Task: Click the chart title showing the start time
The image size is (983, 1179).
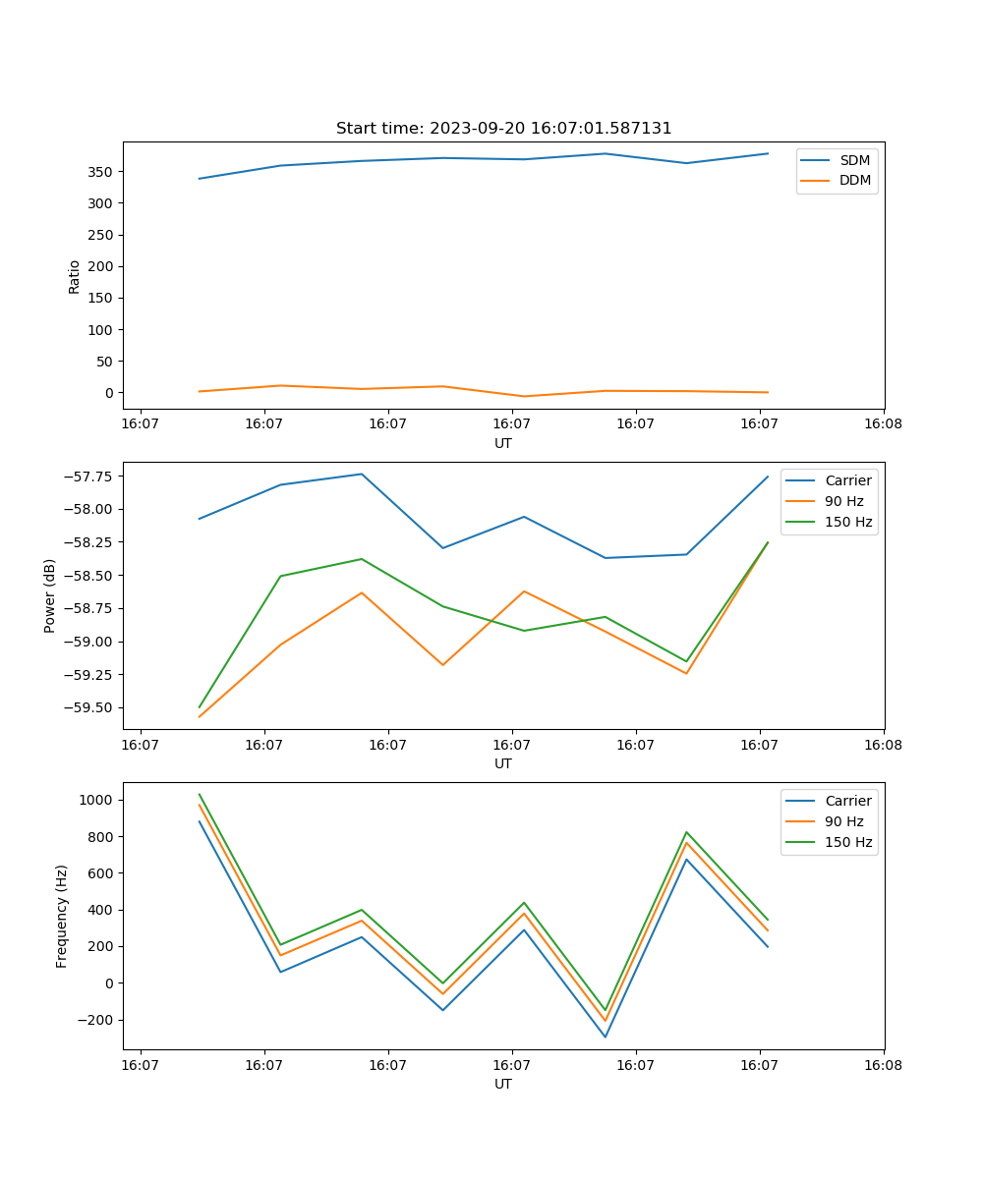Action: tap(503, 129)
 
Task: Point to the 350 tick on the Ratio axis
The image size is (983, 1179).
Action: tap(101, 172)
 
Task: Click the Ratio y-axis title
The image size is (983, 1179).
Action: tap(75, 276)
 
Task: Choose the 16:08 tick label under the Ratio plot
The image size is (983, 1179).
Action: tap(883, 423)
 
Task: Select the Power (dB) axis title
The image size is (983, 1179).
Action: tap(50, 595)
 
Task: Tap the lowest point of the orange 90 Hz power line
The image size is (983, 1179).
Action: tap(200, 716)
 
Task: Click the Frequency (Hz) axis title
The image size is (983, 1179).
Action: tap(62, 916)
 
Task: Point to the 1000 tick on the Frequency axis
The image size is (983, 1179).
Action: tap(97, 800)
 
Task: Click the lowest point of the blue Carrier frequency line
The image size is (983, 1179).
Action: tap(605, 1037)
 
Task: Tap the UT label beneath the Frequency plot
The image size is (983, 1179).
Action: tap(503, 1084)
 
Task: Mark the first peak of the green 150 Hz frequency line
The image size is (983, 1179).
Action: tap(200, 795)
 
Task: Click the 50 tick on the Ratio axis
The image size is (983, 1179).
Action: tap(105, 362)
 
